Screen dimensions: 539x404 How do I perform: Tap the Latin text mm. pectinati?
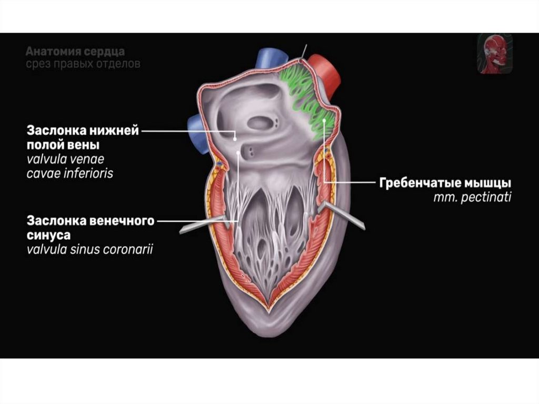(x=472, y=198)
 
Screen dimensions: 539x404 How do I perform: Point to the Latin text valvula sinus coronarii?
(x=89, y=249)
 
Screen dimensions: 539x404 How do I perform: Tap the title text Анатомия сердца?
(x=75, y=52)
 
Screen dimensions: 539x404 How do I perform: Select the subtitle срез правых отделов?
(x=83, y=64)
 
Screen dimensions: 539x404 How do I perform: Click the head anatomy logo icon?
(x=494, y=54)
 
